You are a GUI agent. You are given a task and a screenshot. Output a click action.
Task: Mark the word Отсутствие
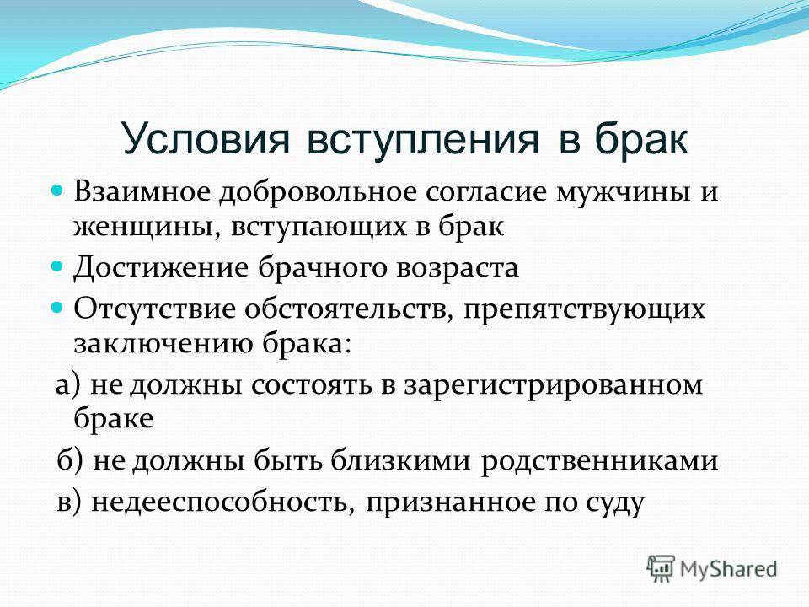pos(155,309)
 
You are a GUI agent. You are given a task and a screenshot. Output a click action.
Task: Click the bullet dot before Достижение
pos(57,267)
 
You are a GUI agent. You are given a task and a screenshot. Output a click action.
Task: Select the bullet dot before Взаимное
pos(57,191)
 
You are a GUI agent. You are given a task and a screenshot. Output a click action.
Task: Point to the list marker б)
pos(69,461)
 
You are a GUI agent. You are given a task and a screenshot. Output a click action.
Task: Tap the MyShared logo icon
pos(661,569)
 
